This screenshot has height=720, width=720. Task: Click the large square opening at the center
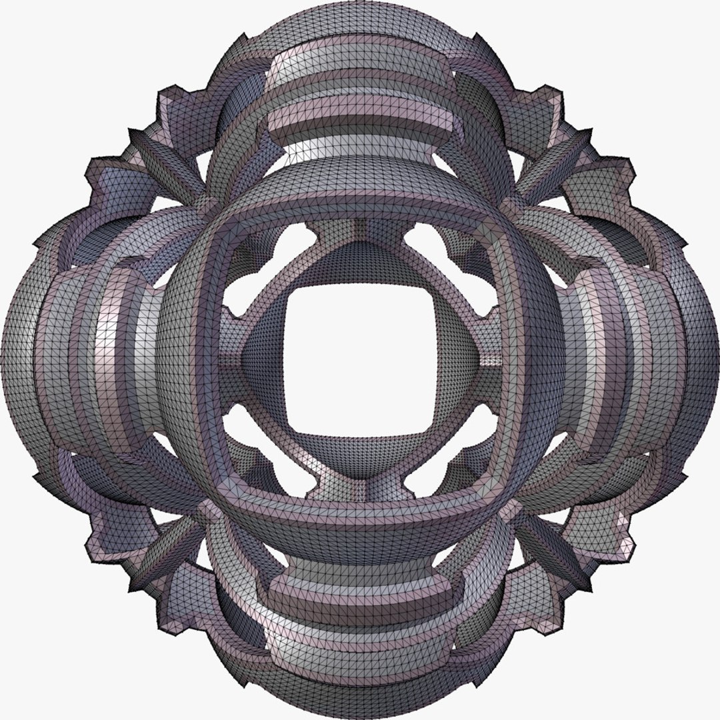tap(360, 360)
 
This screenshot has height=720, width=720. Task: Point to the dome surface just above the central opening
tap(361, 263)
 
